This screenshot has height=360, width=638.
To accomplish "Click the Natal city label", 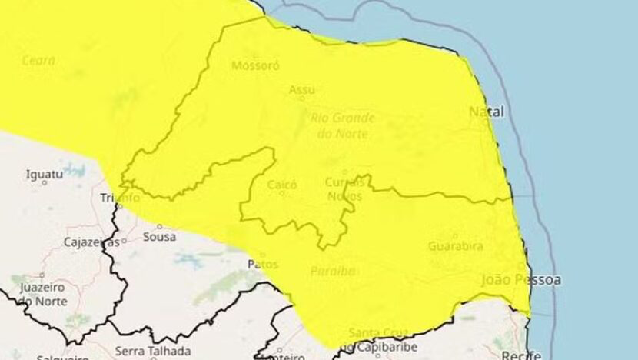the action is pyautogui.click(x=487, y=112).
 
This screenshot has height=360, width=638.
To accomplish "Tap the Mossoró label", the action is pyautogui.click(x=254, y=65).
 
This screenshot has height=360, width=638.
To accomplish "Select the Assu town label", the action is pyautogui.click(x=301, y=90).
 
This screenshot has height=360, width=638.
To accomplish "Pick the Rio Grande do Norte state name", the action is pyautogui.click(x=343, y=125).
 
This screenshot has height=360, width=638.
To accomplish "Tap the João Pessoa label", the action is pyautogui.click(x=520, y=279).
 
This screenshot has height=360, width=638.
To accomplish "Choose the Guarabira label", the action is pyautogui.click(x=457, y=245).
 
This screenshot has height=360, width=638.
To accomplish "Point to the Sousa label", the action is pyautogui.click(x=159, y=236).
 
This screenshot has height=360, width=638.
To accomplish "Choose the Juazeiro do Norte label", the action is pyautogui.click(x=42, y=293).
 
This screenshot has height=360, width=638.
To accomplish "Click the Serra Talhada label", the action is pyautogui.click(x=142, y=352).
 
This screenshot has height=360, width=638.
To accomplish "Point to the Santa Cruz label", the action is pyautogui.click(x=373, y=332).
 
